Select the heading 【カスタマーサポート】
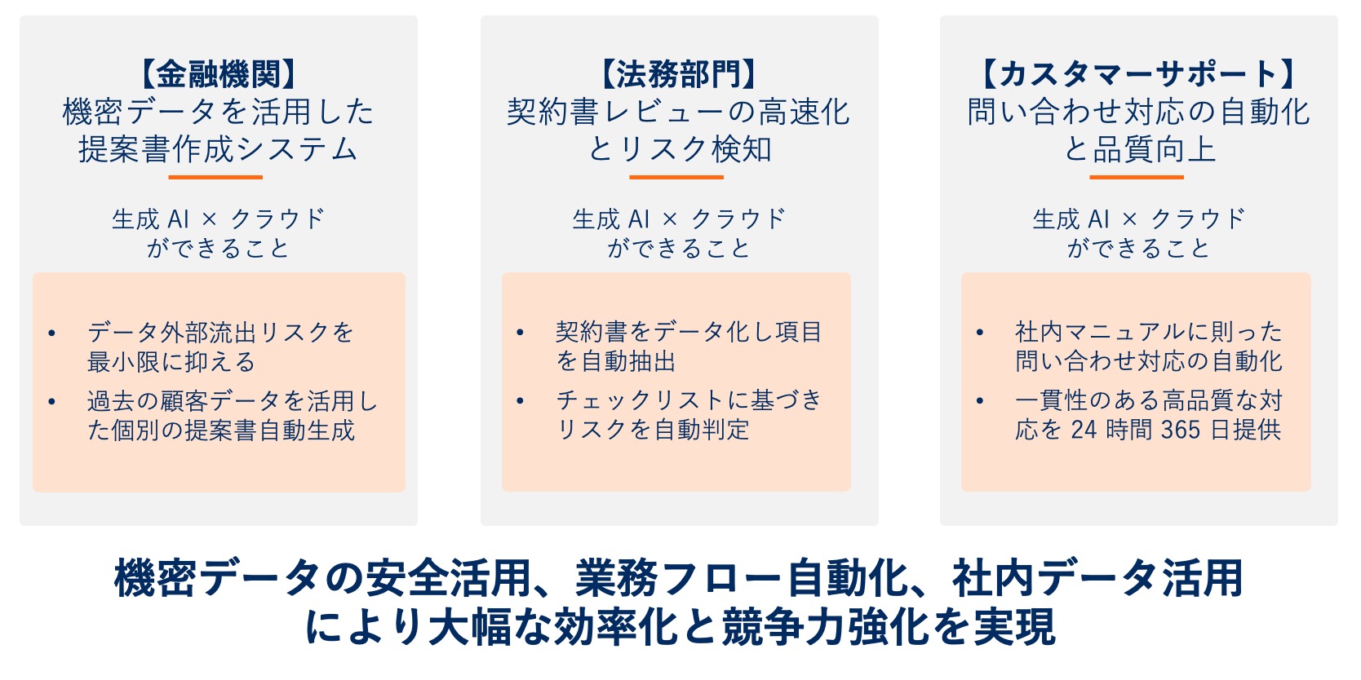[1138, 74]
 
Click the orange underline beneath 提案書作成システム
[215, 177]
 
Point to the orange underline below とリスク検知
[676, 177]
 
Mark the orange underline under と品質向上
[1136, 177]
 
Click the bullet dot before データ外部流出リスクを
[51, 333]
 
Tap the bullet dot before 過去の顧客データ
[51, 401]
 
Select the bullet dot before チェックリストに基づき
[520, 400]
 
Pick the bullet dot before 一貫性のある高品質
[979, 400]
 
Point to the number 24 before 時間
[1084, 430]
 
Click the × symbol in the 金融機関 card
[210, 219]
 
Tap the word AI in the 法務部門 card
[639, 219]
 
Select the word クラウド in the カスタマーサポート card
[1198, 219]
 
